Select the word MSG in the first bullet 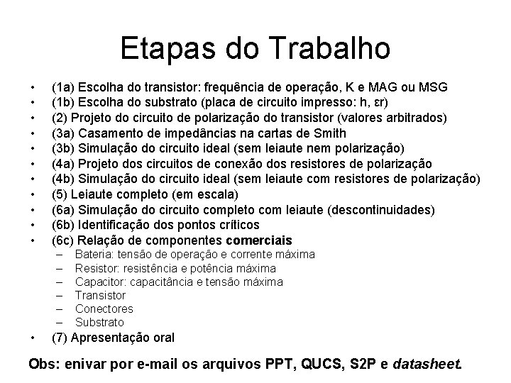433,87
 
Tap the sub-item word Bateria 93,255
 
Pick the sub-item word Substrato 99,322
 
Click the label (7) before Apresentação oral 60,338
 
